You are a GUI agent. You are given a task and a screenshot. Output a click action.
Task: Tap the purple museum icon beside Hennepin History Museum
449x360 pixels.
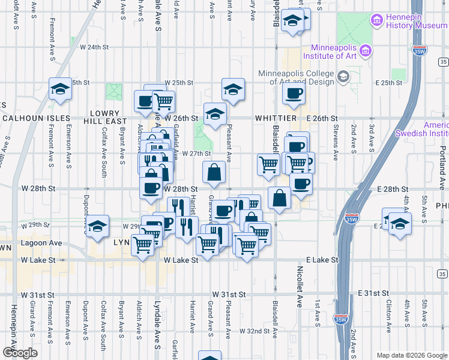tap(378, 21)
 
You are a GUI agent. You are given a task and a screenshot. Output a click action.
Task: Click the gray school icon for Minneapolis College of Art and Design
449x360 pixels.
tap(343, 77)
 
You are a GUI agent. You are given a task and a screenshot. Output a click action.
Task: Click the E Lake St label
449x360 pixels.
tap(322, 260)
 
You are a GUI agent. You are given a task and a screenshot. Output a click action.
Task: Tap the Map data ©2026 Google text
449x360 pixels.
tap(411, 355)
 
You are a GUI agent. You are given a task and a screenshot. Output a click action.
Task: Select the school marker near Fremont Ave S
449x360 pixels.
tap(61, 90)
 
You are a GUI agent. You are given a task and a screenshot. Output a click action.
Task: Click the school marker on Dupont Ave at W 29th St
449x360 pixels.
tap(97, 226)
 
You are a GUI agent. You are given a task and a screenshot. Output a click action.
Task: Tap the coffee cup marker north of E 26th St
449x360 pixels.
tap(294, 93)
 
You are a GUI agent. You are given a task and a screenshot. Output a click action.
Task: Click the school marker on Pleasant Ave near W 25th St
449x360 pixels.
tap(233, 89)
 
